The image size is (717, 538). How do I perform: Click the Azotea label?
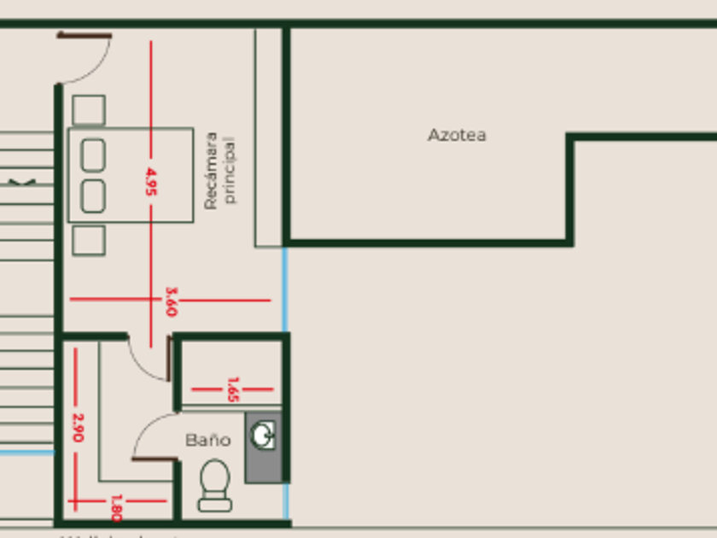(x=457, y=135)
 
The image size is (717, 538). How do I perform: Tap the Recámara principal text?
(x=219, y=170)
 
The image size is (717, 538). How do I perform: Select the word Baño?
(x=208, y=440)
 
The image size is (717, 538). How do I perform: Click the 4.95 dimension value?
(x=151, y=182)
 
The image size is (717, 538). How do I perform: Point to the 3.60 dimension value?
(x=171, y=301)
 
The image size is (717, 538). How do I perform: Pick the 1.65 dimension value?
(x=232, y=389)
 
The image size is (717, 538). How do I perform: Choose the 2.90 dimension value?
(x=77, y=427)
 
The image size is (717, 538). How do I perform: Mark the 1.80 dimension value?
(x=116, y=507)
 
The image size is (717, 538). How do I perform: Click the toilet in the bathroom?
(x=214, y=485)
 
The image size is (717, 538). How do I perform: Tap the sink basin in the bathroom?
(x=264, y=436)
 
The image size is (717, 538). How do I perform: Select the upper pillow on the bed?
(x=93, y=155)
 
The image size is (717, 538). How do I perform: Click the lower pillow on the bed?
(x=93, y=196)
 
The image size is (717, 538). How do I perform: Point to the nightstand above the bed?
(x=89, y=111)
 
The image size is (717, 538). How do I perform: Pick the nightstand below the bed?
(x=89, y=240)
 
